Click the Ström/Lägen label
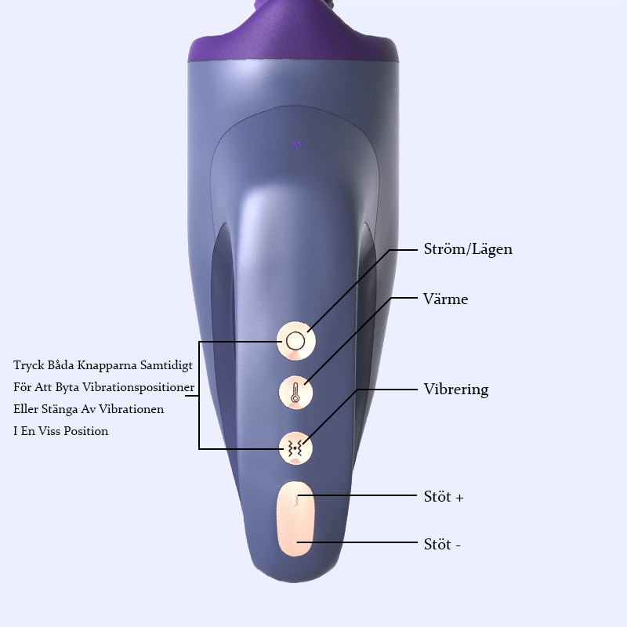tap(468, 249)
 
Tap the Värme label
tap(445, 299)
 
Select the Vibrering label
tap(456, 390)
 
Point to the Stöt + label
tap(444, 497)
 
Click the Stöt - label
tap(442, 544)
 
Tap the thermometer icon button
tap(295, 393)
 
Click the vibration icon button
tap(295, 448)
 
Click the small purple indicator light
tap(297, 145)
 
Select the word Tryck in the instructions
tap(29, 365)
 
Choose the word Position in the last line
tap(86, 431)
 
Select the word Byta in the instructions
tap(67, 387)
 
